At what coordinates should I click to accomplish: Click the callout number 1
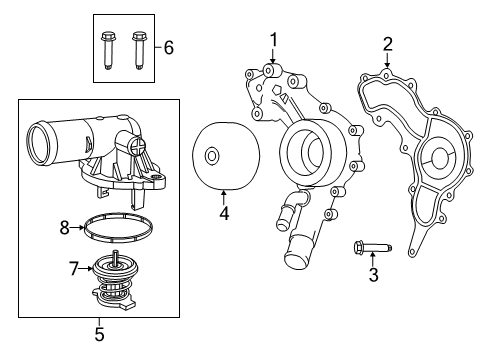pyautogui.click(x=271, y=39)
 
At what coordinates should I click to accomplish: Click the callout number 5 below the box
pyautogui.click(x=98, y=332)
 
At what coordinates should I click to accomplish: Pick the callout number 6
pyautogui.click(x=169, y=47)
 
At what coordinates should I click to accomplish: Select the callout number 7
pyautogui.click(x=72, y=268)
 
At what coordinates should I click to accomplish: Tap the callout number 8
pyautogui.click(x=64, y=227)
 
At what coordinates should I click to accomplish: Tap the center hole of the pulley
pyautogui.click(x=211, y=156)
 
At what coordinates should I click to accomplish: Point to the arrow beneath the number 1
pyautogui.click(x=271, y=59)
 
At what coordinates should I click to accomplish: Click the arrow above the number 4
pyautogui.click(x=224, y=193)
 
